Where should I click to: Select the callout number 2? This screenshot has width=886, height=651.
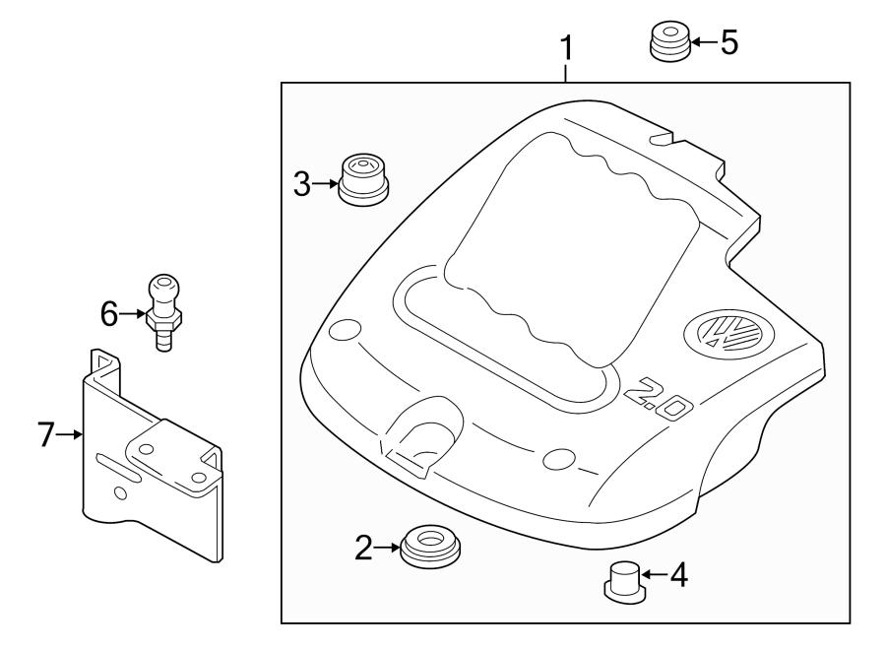pos(364,549)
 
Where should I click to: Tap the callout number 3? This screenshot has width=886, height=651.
pos(302,182)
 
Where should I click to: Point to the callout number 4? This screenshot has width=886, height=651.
pos(678,574)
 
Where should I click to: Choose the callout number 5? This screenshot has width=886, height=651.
pos(728,42)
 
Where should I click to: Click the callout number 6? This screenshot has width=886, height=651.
pos(109,314)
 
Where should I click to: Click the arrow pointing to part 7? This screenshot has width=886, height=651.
pos(74,433)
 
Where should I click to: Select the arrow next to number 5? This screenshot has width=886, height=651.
pos(703,42)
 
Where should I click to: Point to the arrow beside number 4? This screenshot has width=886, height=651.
pos(655,574)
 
